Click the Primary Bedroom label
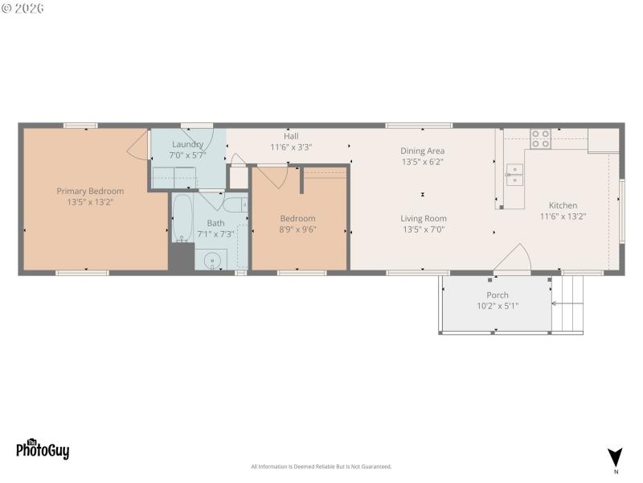(90, 191)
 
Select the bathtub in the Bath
(182, 218)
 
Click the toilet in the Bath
(235, 204)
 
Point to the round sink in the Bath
(212, 260)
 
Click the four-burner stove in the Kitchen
(540, 139)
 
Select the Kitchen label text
(563, 205)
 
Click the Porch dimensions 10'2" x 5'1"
(497, 306)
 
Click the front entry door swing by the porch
(513, 259)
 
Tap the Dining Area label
(423, 151)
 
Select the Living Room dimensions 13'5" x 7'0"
(424, 229)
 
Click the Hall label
(291, 136)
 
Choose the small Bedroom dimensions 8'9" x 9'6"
(297, 229)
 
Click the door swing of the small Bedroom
(273, 176)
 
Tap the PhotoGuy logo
(43, 449)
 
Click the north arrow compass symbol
(615, 456)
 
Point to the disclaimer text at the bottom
(321, 467)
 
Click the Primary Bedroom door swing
(138, 144)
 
